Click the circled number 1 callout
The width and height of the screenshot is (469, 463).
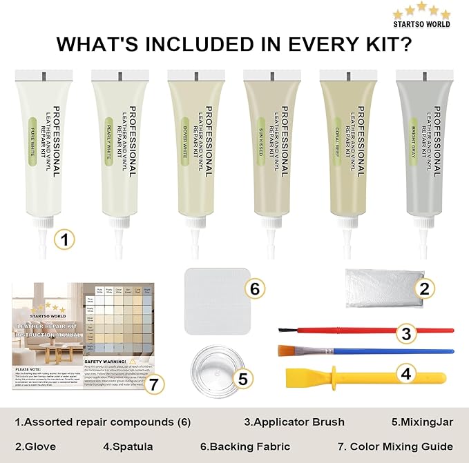pos(64,240)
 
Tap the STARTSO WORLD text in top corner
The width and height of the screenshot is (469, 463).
pos(421,24)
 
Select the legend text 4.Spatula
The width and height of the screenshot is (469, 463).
pos(128,446)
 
